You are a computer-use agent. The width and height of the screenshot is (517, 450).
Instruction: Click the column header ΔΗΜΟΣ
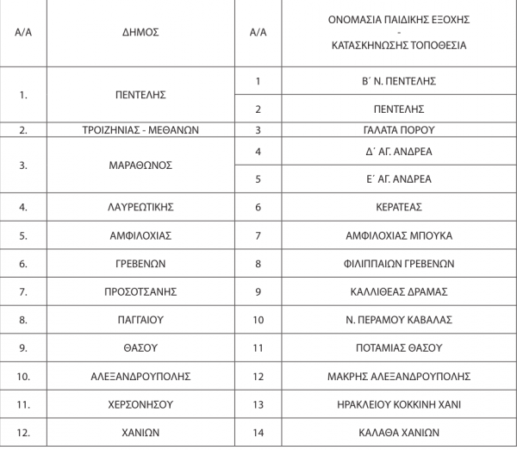140,32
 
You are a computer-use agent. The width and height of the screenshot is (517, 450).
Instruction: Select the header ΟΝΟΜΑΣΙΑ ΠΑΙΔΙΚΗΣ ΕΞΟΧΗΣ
398,19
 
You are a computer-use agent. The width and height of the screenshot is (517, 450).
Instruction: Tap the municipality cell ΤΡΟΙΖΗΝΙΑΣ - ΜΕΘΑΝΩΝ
140,130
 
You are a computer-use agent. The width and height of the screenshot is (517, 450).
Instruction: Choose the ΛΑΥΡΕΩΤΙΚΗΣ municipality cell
140,207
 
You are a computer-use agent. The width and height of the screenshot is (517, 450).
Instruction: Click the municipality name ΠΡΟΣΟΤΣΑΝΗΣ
140,291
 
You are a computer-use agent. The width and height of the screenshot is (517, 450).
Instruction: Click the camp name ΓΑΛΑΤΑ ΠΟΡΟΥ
398,130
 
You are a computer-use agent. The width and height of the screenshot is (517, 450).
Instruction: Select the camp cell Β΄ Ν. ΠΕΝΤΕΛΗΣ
398,81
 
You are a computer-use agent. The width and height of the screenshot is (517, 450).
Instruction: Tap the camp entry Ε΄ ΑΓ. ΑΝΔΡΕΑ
398,179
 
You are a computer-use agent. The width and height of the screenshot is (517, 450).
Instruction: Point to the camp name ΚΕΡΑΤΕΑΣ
398,207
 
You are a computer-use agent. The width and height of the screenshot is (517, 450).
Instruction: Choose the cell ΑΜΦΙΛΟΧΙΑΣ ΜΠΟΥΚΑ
398,235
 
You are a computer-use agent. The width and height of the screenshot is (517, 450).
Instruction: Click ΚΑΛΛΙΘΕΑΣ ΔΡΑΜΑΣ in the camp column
398,291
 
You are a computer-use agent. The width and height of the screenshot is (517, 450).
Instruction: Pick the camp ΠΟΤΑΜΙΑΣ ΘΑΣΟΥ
398,348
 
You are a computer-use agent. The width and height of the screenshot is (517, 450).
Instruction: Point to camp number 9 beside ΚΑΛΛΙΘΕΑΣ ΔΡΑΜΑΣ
258,291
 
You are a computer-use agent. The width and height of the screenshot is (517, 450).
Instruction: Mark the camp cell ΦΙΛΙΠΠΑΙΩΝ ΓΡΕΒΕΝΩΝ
398,264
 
